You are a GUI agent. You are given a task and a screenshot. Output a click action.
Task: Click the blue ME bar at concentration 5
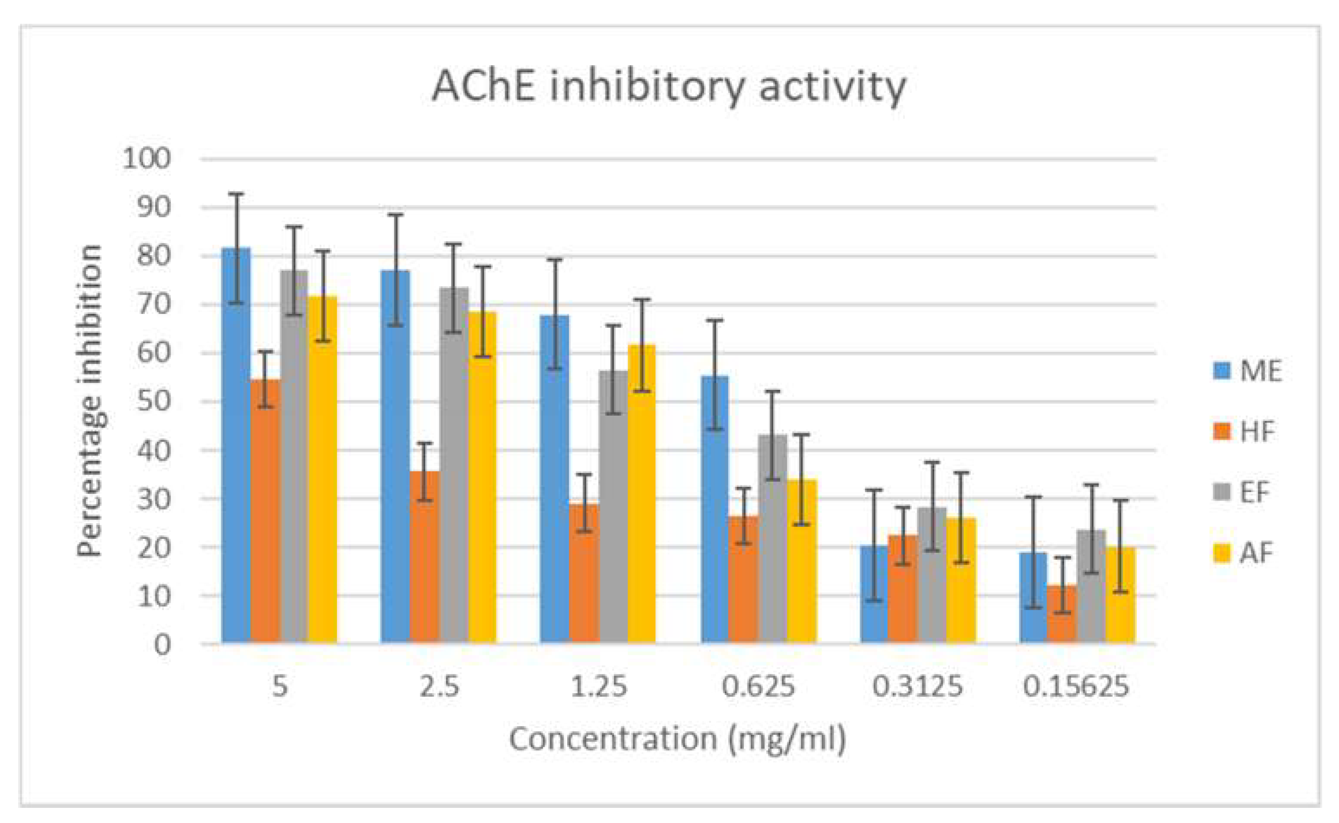click(x=236, y=446)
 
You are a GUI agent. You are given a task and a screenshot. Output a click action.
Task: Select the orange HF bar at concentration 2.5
click(x=424, y=558)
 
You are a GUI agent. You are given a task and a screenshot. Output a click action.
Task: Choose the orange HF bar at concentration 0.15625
click(x=1062, y=615)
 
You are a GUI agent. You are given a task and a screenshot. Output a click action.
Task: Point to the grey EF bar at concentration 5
click(x=294, y=457)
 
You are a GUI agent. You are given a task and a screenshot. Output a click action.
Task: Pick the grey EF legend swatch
click(x=1222, y=493)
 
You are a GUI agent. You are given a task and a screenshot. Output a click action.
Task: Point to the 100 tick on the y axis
click(x=146, y=159)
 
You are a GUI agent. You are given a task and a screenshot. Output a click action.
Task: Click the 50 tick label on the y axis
click(x=154, y=402)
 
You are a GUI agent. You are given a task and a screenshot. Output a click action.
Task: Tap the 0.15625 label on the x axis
click(x=1075, y=686)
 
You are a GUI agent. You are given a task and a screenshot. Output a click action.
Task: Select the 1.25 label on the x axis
click(x=598, y=686)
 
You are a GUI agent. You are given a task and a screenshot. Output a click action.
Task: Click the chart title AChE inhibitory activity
click(x=669, y=87)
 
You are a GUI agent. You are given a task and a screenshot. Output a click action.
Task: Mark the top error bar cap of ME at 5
click(x=236, y=194)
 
